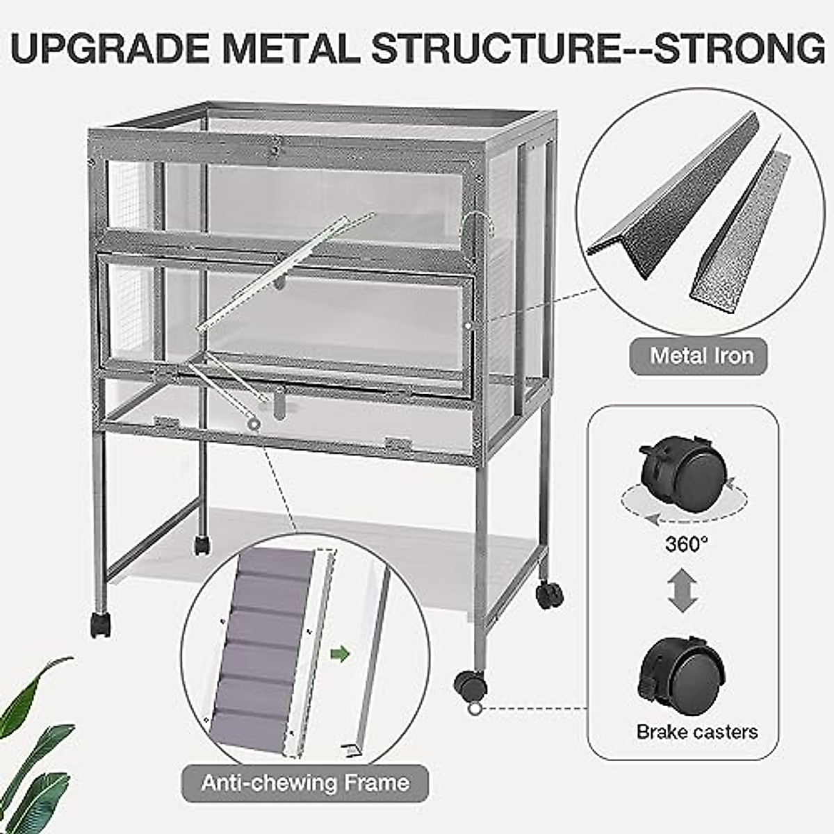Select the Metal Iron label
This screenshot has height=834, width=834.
pos(701,356)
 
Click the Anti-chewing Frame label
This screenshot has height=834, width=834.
pos(305,783)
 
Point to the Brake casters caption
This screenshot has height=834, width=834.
pos(696,731)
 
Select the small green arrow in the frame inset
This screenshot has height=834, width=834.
pos(339,653)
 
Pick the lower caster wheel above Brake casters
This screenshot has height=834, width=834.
pos(682,671)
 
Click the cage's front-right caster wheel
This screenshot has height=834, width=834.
pos(471,685)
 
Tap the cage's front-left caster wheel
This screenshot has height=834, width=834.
pos(99,625)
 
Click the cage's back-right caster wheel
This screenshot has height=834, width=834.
pos(549,595)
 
